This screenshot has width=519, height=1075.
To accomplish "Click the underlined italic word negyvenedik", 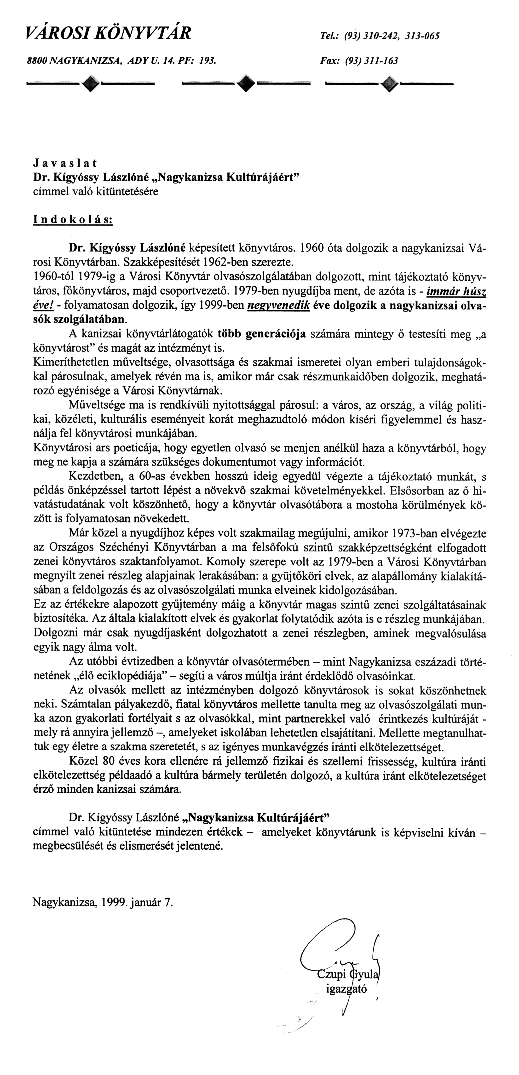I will point(278,306).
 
